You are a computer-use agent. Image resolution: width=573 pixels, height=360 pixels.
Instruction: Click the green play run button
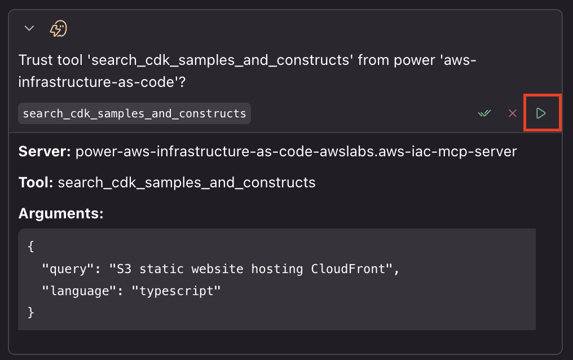pos(541,113)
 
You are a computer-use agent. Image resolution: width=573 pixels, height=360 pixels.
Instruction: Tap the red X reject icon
pos(513,113)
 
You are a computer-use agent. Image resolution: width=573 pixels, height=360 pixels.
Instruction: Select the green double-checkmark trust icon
pos(484,113)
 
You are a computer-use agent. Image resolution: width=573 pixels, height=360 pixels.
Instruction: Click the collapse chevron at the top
pos(29,28)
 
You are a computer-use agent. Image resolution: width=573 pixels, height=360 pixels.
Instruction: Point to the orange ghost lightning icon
pos(59,28)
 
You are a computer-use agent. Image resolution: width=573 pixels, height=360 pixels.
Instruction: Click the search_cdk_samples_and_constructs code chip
pos(134,113)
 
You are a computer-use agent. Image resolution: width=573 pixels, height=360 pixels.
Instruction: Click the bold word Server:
pos(45,152)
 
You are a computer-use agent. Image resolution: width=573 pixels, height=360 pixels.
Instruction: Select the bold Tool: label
pos(36,182)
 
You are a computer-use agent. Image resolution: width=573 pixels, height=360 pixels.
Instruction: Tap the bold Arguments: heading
pos(61,213)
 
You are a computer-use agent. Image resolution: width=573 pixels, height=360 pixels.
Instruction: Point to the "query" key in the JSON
pos(64,269)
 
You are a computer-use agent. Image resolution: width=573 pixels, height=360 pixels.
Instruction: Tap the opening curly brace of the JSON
pos(30,247)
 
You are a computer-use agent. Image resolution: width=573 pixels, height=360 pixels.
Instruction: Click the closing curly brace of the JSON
pos(30,312)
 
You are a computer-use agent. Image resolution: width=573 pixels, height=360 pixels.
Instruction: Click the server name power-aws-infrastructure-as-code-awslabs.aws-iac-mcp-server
pos(296,152)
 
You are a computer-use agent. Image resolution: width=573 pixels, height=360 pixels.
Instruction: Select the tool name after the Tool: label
pos(187,182)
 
